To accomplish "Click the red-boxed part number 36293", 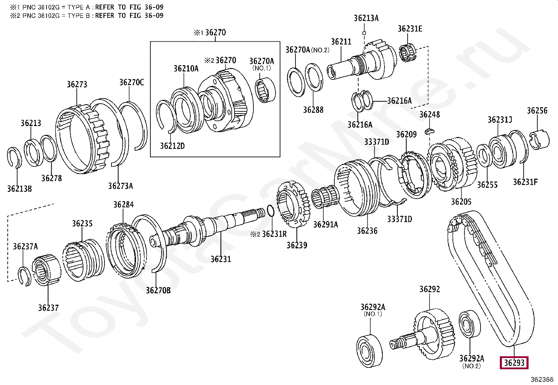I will coord(514,363).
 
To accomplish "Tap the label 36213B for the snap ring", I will coord(20,189).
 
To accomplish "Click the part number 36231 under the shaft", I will coord(220,259).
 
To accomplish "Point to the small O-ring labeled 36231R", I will coord(270,211).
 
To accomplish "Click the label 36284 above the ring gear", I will coord(123,205).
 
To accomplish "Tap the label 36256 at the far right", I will coord(537,111).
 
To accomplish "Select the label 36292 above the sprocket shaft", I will coord(429,289).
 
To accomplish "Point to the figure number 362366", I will coord(542,379).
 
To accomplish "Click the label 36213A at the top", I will coord(366,18).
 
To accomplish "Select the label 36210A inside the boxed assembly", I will coord(186,69).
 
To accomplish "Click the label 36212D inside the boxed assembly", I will coord(172,146).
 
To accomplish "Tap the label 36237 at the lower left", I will coord(48,308).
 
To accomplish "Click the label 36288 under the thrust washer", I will coord(313,110).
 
